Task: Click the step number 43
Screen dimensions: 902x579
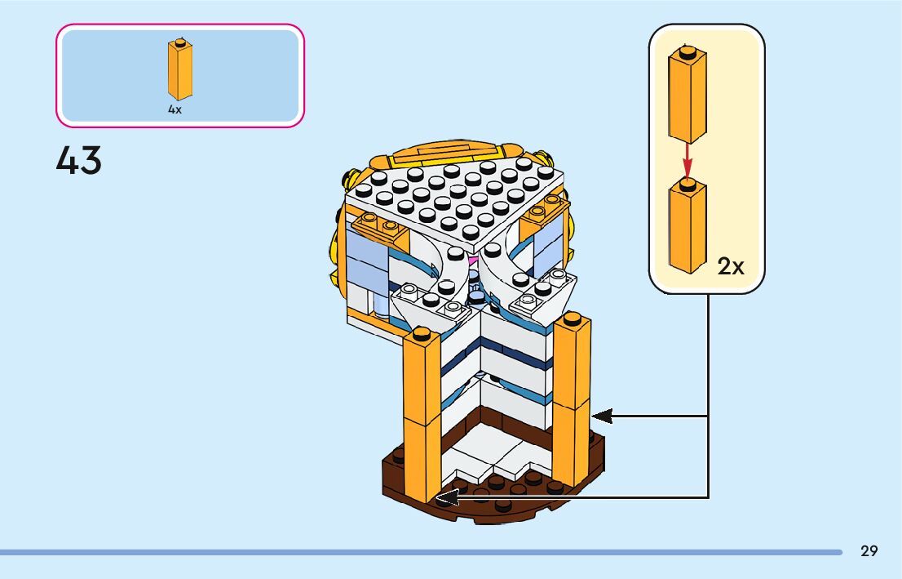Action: click(79, 160)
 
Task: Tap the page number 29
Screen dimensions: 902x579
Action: click(869, 551)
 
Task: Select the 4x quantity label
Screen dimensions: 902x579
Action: click(175, 109)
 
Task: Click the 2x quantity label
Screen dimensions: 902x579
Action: click(731, 265)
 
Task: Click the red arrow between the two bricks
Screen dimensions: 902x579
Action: click(687, 162)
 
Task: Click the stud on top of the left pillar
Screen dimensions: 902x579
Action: click(422, 333)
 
